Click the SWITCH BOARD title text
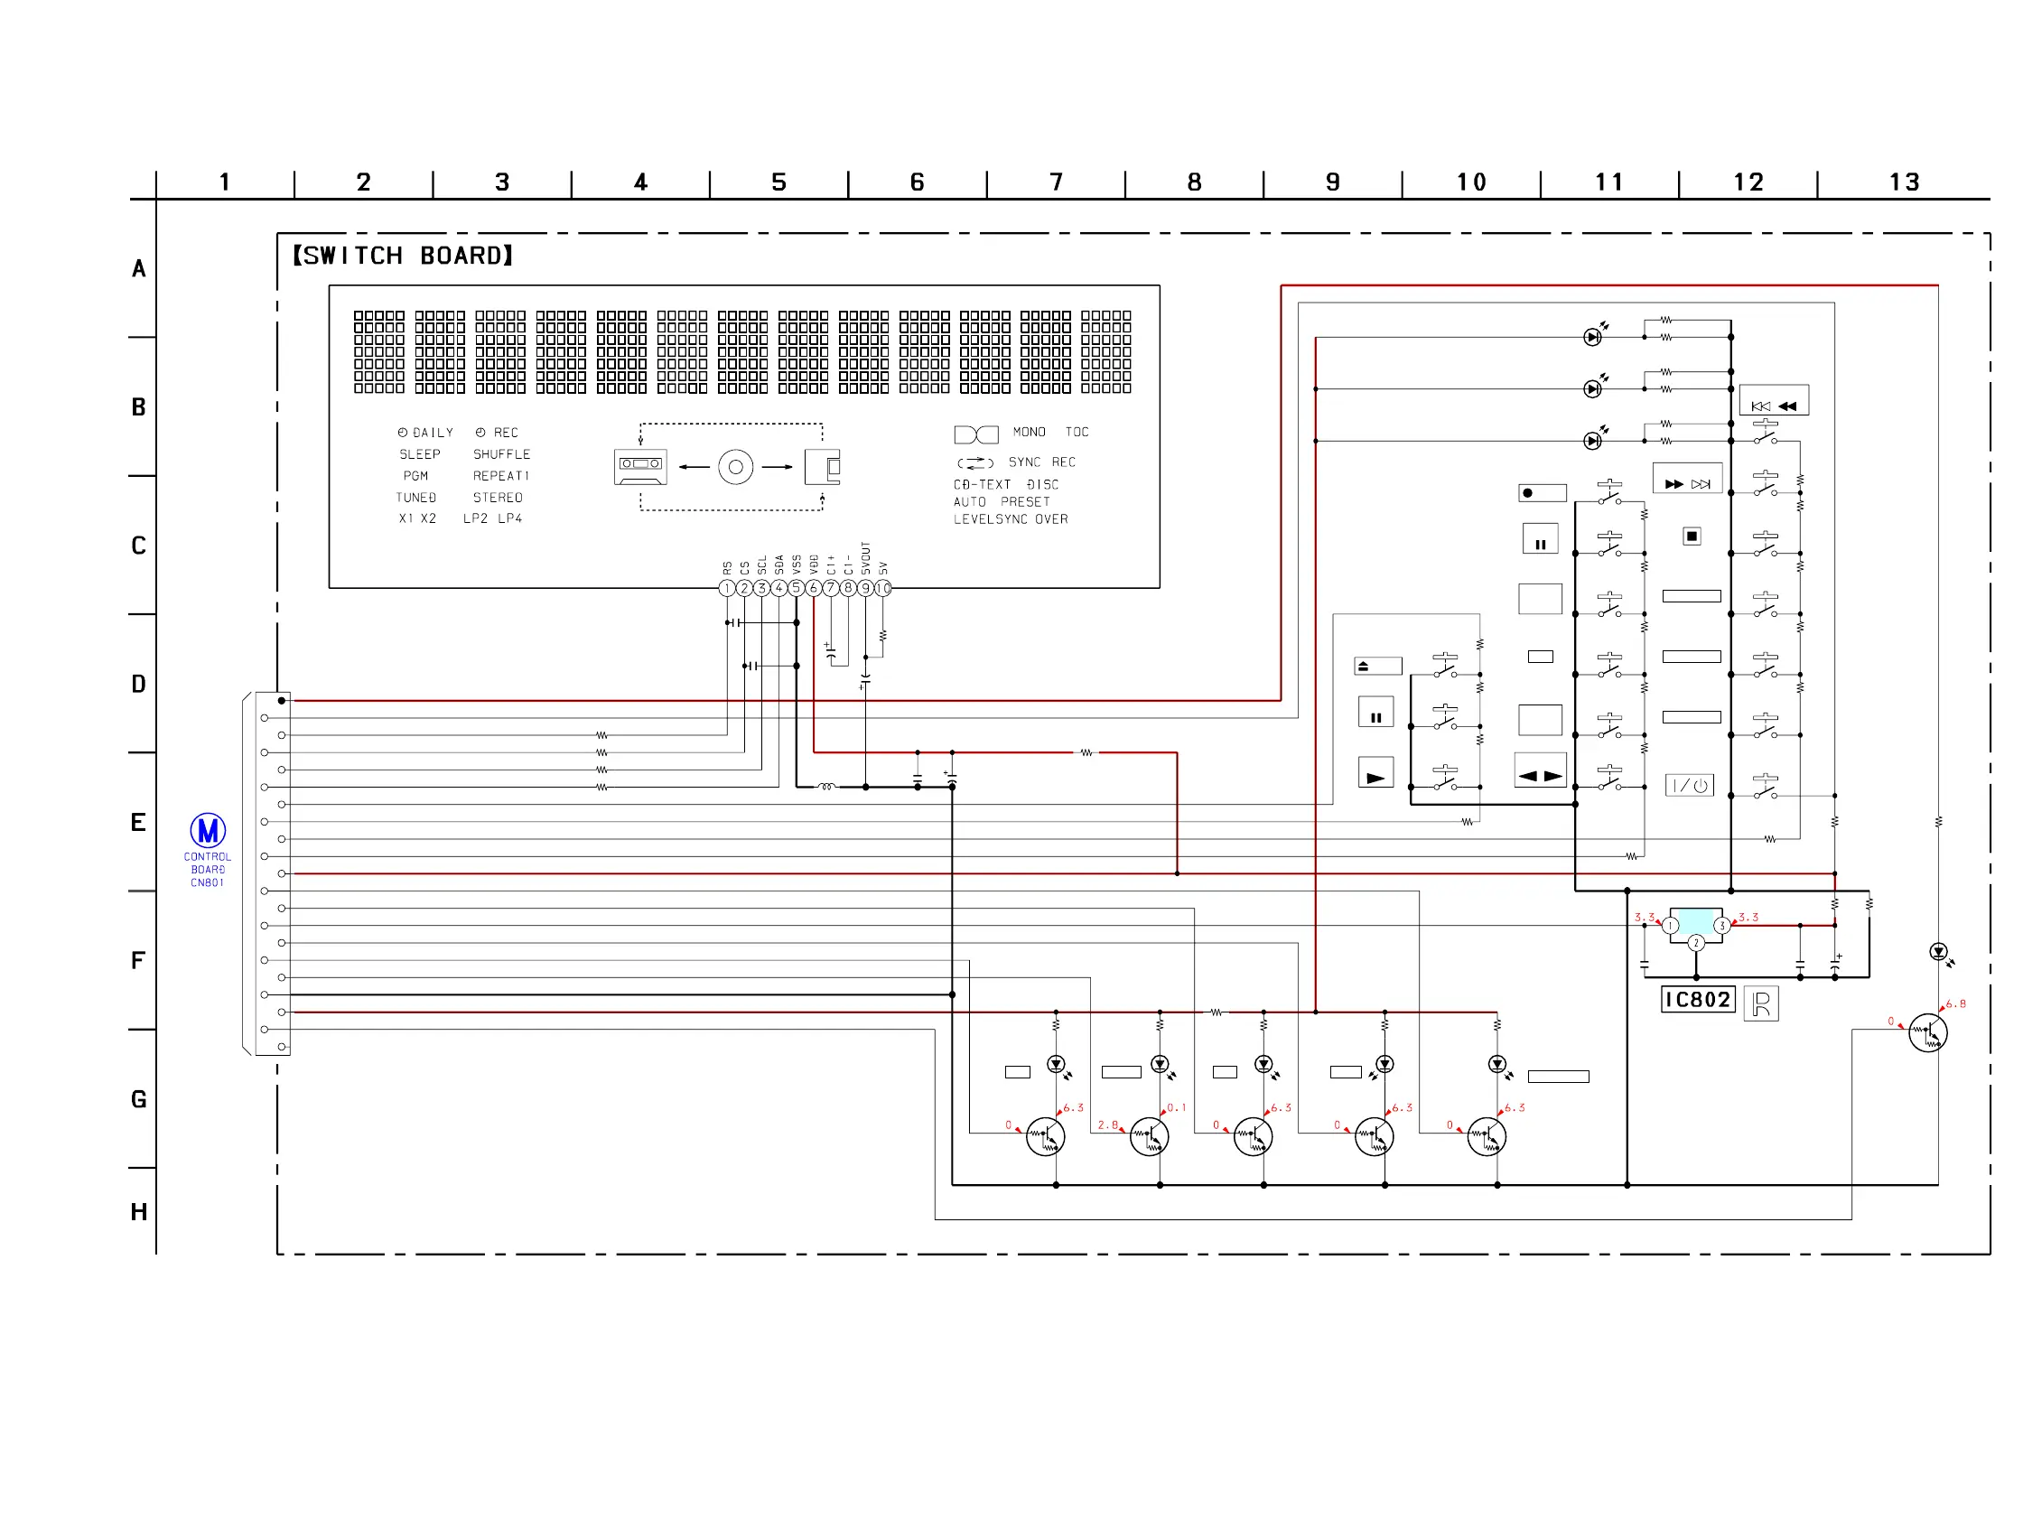pos(403,256)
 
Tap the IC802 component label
pos(1697,1000)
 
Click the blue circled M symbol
pos(208,830)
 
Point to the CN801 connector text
pos(208,882)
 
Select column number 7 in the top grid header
pos(1057,182)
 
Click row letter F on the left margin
pos(138,960)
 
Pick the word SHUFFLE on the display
pos(501,453)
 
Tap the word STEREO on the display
pos(498,498)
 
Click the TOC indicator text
pos(1077,432)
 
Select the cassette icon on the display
pos(640,466)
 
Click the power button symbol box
pos(1689,786)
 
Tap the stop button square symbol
pos(1692,537)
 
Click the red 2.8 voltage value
pos(1107,1125)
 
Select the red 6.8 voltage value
pos(1955,1003)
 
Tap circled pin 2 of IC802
pos(1696,943)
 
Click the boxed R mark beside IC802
pos(1761,1003)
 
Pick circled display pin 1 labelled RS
pos(727,588)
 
